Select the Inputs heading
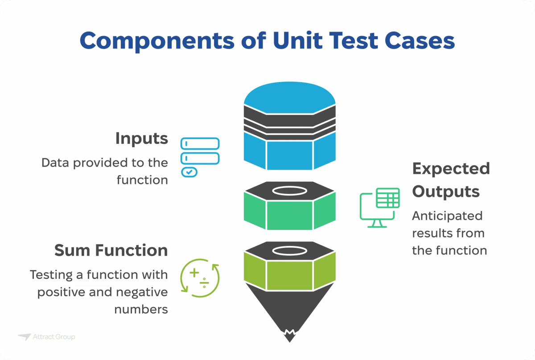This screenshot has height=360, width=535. point(141,139)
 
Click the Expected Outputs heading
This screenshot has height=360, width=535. point(450,180)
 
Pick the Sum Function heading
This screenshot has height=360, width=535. point(111,250)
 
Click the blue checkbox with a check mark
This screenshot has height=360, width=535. point(189,172)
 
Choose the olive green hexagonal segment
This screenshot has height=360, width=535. point(290,274)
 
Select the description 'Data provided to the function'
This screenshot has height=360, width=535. point(105,171)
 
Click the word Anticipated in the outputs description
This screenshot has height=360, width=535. point(447,216)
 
